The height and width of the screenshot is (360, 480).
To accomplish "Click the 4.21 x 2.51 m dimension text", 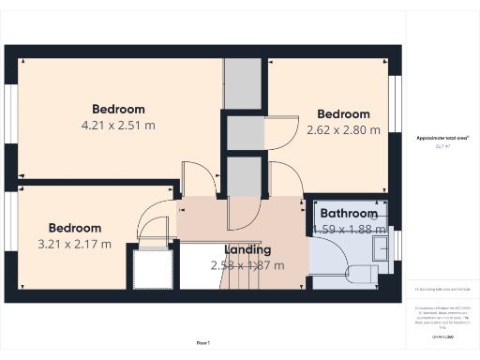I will click(118, 125).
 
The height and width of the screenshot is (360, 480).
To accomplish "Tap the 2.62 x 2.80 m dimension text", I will click(343, 130).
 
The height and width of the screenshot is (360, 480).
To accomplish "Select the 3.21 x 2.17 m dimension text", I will click(75, 245).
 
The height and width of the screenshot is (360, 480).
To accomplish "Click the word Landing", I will click(247, 249).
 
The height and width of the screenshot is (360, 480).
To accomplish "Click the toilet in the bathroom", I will click(360, 274).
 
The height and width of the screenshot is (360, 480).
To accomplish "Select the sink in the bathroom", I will click(381, 247).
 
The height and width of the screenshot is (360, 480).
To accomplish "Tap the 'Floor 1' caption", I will click(203, 344).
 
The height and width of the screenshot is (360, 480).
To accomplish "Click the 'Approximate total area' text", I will click(442, 138).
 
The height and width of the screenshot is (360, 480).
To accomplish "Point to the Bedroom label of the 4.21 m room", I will click(118, 108).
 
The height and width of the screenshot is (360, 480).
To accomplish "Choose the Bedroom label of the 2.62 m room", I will click(343, 114).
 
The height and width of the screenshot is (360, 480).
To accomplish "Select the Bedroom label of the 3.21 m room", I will click(75, 228).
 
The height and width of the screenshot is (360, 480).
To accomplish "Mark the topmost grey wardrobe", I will click(243, 83).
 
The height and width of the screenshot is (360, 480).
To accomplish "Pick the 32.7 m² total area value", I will click(442, 146).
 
